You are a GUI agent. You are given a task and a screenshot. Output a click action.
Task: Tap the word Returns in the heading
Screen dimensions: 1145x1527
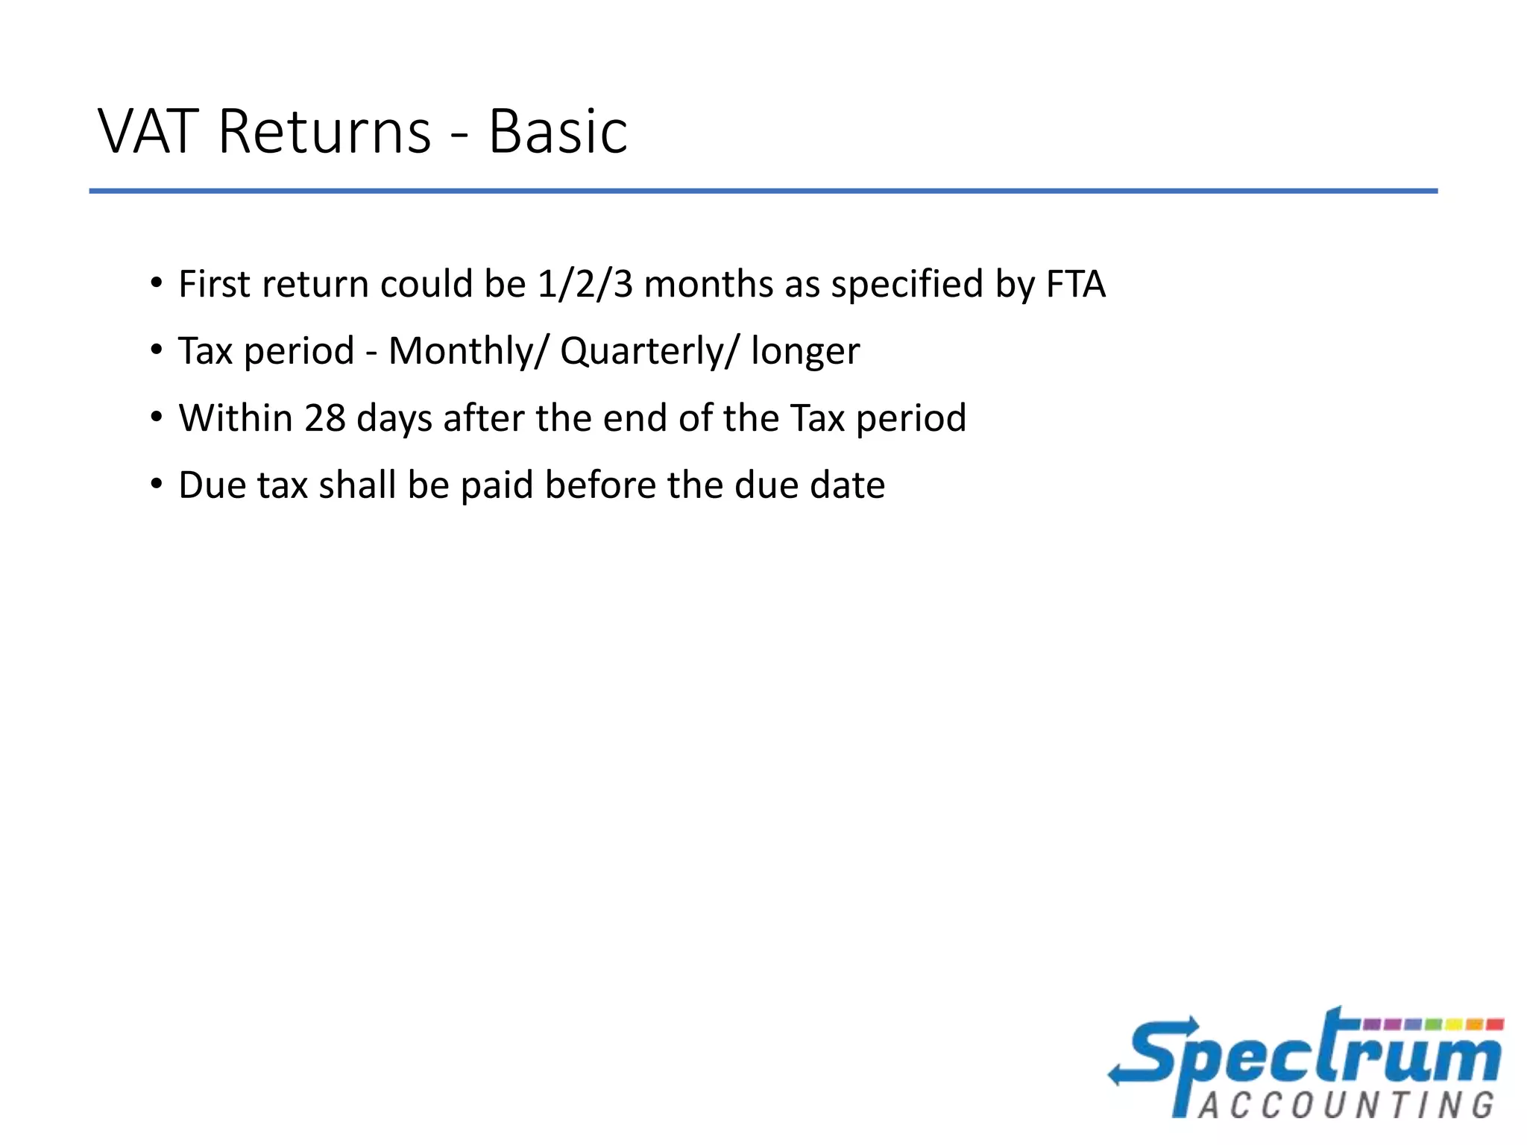[324, 132]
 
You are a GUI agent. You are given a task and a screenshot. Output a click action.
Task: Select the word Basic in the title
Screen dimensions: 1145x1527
[558, 132]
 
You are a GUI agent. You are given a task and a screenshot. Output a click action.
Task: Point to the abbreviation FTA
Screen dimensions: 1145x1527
[1075, 285]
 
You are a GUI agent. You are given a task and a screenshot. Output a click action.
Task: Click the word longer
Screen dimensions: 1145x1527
[805, 352]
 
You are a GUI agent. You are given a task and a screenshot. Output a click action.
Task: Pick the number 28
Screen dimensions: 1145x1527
[324, 418]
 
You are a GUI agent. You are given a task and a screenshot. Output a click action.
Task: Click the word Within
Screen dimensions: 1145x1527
[235, 418]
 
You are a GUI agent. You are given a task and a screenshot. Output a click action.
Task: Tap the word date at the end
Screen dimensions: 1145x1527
[848, 485]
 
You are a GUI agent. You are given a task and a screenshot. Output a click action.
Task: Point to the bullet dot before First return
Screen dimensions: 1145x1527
[156, 283]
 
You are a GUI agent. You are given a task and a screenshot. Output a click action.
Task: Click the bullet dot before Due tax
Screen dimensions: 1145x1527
[156, 485]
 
